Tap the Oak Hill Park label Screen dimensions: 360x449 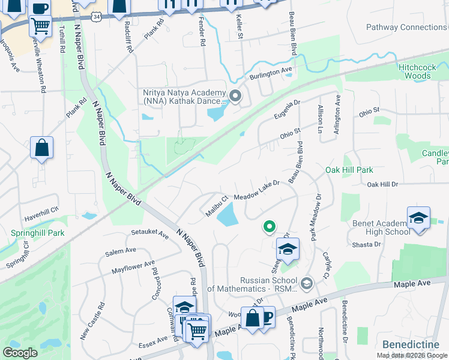[349, 170]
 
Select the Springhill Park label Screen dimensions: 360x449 [29, 232]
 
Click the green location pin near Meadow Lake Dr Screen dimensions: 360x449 [270, 227]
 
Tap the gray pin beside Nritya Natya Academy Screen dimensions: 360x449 [235, 95]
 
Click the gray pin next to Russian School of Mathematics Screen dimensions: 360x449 [307, 283]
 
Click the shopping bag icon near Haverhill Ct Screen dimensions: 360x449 [41, 148]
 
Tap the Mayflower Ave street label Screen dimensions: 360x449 [133, 267]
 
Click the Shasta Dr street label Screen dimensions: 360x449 [366, 244]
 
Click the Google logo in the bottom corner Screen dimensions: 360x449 [20, 353]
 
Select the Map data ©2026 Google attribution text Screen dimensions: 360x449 [411, 355]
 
